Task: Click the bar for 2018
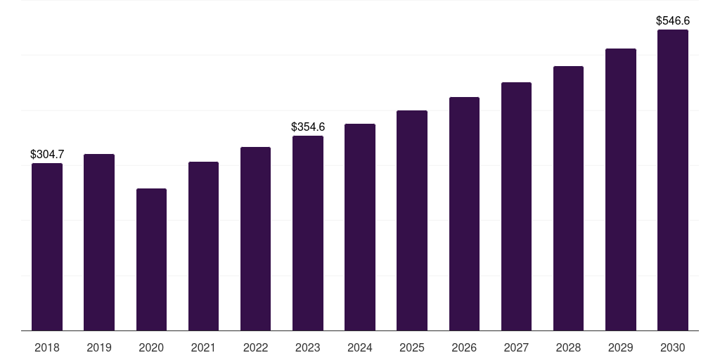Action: (47, 247)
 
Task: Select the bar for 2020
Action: (152, 259)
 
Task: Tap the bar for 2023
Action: (308, 233)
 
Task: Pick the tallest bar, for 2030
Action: (673, 180)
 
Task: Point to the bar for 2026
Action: (464, 214)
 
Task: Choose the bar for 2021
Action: (203, 246)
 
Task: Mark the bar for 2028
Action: (568, 198)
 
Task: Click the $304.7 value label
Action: (47, 154)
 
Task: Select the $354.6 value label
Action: (308, 127)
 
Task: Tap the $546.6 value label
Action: (673, 20)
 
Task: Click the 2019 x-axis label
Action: (99, 347)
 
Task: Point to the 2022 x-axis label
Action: (255, 347)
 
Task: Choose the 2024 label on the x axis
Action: (360, 347)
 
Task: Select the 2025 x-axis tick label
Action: (412, 347)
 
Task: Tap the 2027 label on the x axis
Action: (516, 347)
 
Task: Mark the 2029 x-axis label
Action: (621, 347)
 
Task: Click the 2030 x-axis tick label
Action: (673, 347)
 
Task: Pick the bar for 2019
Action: (99, 243)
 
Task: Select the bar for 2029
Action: (621, 190)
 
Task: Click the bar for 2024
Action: (360, 227)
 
